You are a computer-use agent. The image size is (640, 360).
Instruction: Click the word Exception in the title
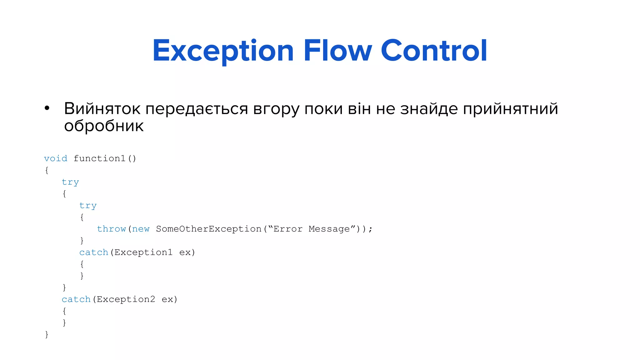click(223, 51)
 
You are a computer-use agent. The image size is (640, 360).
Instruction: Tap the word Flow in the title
click(337, 51)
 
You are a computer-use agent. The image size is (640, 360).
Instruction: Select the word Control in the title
click(434, 51)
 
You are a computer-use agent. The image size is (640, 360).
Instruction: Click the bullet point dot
click(47, 108)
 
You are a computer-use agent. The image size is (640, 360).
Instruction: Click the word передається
click(197, 109)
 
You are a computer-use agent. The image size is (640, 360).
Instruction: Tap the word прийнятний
click(510, 109)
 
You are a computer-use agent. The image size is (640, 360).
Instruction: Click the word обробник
click(104, 126)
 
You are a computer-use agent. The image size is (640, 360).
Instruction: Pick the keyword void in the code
click(56, 158)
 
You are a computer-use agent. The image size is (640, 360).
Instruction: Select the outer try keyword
click(70, 182)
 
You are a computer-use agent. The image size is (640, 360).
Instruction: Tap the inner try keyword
click(88, 205)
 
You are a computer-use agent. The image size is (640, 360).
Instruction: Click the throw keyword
click(111, 229)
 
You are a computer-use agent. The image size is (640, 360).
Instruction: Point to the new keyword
click(141, 229)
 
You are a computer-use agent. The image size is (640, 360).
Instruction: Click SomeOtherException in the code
click(208, 229)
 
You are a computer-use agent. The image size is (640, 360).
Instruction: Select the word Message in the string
click(329, 229)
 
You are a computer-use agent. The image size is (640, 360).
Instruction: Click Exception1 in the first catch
click(143, 252)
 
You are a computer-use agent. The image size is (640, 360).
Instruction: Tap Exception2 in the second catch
click(126, 299)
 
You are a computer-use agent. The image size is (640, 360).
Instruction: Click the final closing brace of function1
click(47, 334)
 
